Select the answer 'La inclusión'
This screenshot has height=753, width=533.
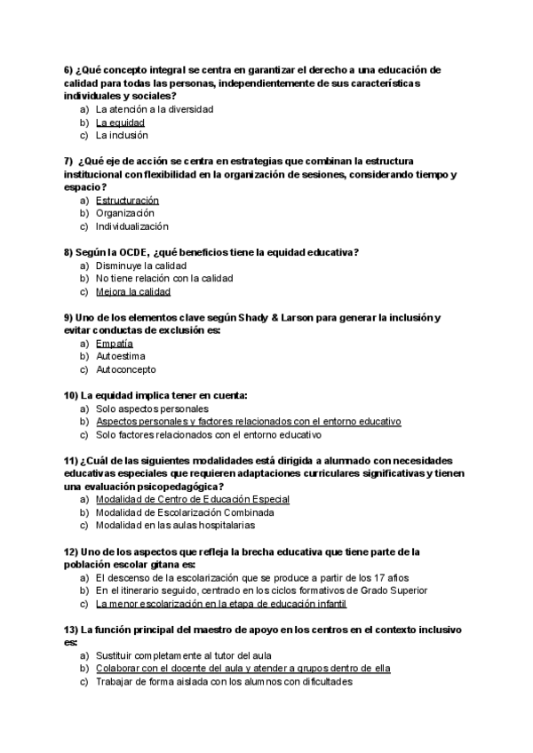click(122, 136)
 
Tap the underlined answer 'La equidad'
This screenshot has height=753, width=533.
click(120, 123)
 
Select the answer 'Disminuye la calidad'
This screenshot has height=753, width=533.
click(140, 266)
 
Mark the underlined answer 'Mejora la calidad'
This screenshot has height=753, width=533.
click(132, 291)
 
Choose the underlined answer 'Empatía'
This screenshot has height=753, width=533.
click(114, 343)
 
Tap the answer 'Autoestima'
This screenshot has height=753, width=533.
click(121, 356)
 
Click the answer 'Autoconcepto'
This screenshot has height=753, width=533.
click(125, 369)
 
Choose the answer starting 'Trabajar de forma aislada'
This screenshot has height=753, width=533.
click(224, 682)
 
